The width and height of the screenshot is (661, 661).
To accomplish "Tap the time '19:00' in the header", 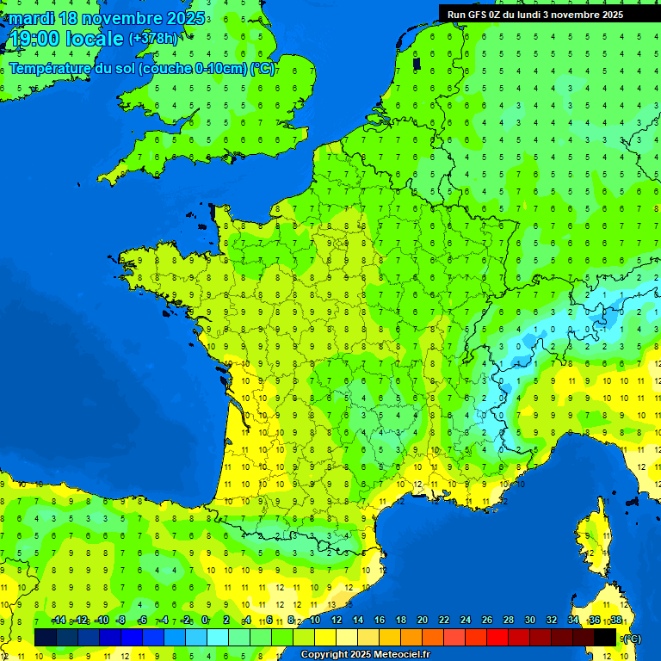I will pyautogui.click(x=34, y=38).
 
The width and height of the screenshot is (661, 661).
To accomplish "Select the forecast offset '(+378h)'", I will pyautogui.click(x=153, y=38).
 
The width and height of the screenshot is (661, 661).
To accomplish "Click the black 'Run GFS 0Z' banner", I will pyautogui.click(x=547, y=14).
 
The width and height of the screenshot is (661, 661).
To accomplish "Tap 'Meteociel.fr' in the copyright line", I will pyautogui.click(x=401, y=654).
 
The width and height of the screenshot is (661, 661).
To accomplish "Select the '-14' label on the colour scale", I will pyautogui.click(x=59, y=620).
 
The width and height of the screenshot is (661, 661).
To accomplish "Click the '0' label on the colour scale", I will pyautogui.click(x=205, y=620).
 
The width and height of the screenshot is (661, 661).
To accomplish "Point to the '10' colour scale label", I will pyautogui.click(x=314, y=620).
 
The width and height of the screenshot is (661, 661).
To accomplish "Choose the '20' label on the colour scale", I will pyautogui.click(x=422, y=620).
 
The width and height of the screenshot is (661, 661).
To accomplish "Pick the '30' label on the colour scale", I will pyautogui.click(x=529, y=620).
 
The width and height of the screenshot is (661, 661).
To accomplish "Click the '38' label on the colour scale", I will pyautogui.click(x=615, y=620).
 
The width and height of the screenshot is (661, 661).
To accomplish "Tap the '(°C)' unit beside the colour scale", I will pyautogui.click(x=633, y=638).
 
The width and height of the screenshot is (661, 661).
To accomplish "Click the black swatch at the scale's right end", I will pyautogui.click(x=606, y=637).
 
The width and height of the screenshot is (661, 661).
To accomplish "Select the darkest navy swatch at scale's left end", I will pyautogui.click(x=46, y=637).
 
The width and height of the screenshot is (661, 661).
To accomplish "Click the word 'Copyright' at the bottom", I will pyautogui.click(x=326, y=654).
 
